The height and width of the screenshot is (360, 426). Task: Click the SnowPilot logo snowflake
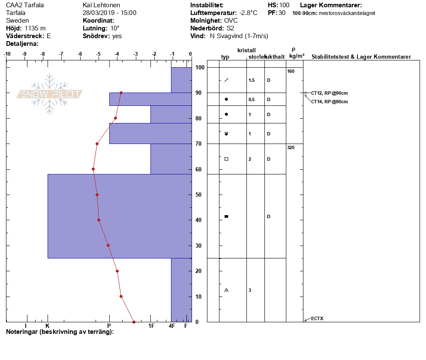click(50, 94)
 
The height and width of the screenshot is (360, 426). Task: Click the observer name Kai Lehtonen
click(102, 5)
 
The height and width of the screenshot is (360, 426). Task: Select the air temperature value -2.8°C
click(248, 13)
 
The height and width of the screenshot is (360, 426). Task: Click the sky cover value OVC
click(231, 21)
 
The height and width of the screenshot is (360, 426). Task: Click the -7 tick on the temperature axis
click(61, 54)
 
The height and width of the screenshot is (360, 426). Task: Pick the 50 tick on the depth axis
click(199, 195)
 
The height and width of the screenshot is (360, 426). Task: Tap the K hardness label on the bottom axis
click(48, 326)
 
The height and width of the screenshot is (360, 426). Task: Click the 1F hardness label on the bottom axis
click(151, 326)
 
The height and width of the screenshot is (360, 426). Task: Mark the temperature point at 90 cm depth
click(121, 93)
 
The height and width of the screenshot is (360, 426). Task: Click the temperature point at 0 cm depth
click(134, 322)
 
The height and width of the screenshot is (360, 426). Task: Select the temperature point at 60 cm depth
click(93, 169)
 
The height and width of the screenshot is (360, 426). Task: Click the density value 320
click(291, 147)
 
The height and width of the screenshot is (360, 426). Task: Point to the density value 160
click(291, 71)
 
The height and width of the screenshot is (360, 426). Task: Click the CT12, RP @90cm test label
click(329, 93)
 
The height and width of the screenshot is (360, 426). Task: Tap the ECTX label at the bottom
click(317, 318)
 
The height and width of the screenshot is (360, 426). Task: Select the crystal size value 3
click(249, 291)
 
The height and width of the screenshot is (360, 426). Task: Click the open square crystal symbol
click(226, 159)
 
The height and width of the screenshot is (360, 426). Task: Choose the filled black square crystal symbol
click(226, 216)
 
